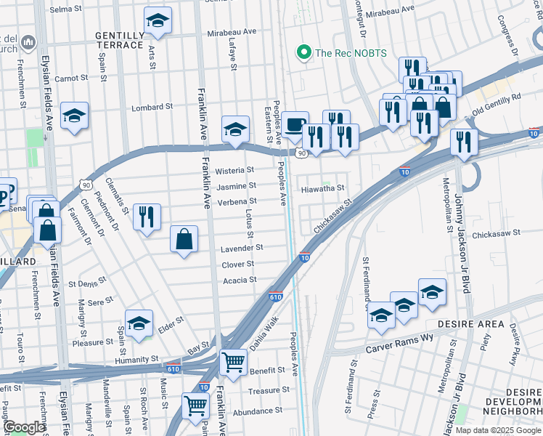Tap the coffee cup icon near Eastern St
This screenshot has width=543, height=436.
tap(295, 124)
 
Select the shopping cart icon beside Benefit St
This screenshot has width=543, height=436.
tap(232, 361)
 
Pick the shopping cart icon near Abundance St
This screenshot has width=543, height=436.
tap(196, 405)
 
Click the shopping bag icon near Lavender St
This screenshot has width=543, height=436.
tap(184, 238)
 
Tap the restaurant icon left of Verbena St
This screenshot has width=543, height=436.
tap(147, 216)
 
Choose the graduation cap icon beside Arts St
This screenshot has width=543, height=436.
tap(157, 21)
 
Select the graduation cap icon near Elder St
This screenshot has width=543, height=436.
tap(139, 323)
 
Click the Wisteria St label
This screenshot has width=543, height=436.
tap(235, 170)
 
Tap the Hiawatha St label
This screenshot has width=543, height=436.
tap(322, 187)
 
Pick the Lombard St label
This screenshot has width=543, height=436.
tap(152, 107)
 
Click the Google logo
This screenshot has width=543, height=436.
tap(24, 428)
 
